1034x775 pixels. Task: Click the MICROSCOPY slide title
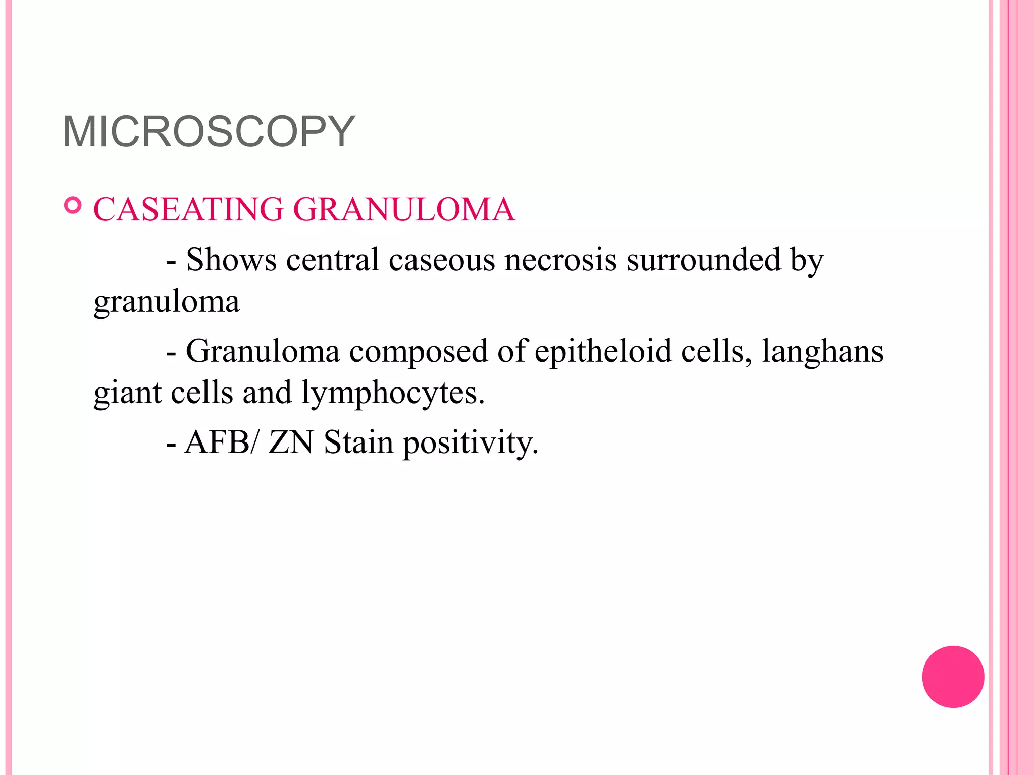209,132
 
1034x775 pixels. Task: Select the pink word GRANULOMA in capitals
404,209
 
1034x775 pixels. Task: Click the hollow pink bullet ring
73,206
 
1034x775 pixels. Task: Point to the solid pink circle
953,677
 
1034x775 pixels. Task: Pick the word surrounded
703,260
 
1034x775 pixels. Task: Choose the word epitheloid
603,351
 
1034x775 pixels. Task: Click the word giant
128,394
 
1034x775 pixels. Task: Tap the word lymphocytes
393,394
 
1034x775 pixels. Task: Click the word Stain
358,442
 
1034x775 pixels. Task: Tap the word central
332,260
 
